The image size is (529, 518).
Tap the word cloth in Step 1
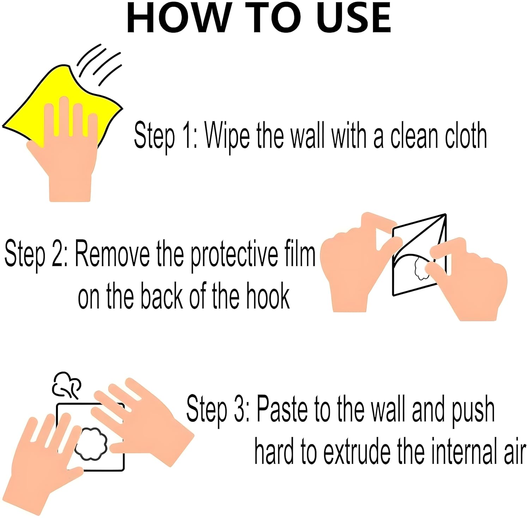[466, 136]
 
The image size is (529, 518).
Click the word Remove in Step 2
[113, 255]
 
